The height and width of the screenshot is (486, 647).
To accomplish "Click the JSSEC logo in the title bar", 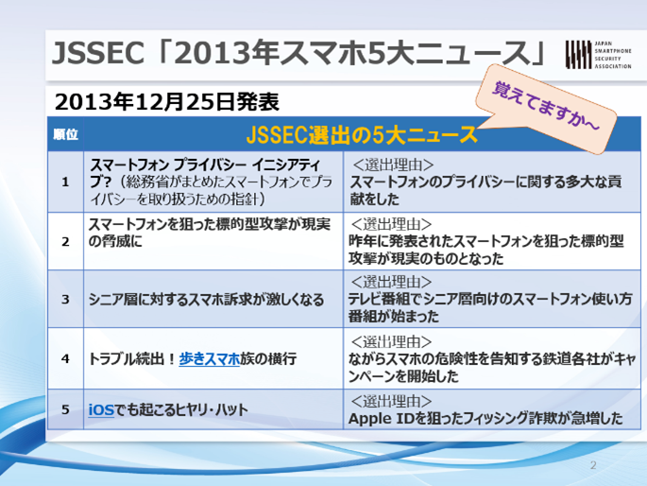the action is click(598, 55).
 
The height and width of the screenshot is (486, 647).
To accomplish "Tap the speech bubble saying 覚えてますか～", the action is click(547, 109).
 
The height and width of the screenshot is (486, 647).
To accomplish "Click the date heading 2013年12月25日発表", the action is click(166, 102).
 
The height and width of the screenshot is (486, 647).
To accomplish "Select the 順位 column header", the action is click(65, 134).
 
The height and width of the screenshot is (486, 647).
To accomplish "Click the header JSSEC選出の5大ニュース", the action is click(362, 134).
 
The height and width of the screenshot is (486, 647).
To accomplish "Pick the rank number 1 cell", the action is click(65, 182).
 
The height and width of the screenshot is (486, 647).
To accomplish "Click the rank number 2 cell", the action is click(65, 241).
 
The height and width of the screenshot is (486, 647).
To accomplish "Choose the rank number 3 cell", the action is click(65, 299).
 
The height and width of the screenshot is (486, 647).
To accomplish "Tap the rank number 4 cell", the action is click(65, 358).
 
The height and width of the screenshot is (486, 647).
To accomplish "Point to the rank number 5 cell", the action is click(65, 409).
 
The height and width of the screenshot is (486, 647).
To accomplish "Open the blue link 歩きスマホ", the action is click(209, 358).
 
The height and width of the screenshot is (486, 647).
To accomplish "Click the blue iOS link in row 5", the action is click(101, 409).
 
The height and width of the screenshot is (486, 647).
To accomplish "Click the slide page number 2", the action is click(593, 465).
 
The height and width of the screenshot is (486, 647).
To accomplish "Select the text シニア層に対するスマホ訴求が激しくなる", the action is click(206, 300).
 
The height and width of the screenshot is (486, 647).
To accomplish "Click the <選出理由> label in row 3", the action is click(392, 282).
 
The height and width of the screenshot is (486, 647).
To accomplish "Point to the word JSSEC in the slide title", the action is click(98, 53).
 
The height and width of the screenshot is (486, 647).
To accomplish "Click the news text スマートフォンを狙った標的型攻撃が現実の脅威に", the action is click(210, 233).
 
